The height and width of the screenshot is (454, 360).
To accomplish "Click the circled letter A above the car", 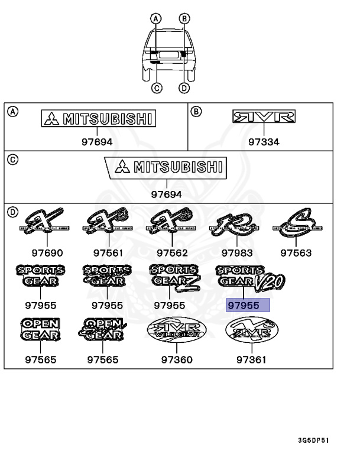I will tap(156, 18).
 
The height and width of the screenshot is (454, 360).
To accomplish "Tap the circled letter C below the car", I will tap(157, 88).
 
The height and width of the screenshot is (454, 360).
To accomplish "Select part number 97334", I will tap(264, 142).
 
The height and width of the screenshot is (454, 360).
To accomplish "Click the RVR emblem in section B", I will tap(264, 117).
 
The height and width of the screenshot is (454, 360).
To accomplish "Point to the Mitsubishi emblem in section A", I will tap(98, 119).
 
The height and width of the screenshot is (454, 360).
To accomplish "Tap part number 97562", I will tap(170, 253).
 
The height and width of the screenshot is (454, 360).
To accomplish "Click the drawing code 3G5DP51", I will tap(313, 440).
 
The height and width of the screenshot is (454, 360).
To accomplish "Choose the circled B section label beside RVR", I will tap(197, 110).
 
